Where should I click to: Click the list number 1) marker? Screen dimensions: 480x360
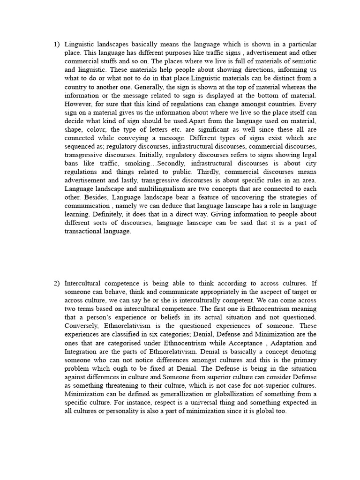click(x=57, y=44)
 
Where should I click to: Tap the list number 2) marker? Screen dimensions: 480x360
click(x=57, y=283)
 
